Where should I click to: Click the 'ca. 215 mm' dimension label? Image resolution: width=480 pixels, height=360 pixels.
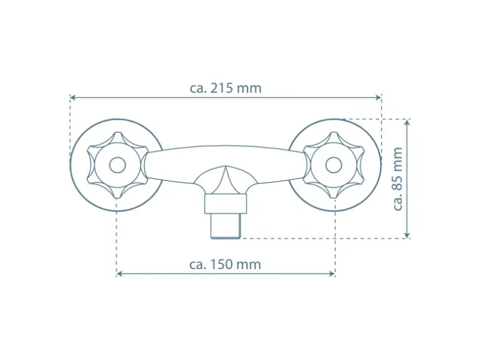pos(226,88)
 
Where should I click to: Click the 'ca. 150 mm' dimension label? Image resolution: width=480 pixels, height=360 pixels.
pos(225,264)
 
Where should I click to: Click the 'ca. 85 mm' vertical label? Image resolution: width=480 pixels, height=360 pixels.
pos(398,179)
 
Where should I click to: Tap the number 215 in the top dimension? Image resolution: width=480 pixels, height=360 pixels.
pos(223,88)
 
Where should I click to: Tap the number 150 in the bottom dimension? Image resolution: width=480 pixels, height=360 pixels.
pos(222,264)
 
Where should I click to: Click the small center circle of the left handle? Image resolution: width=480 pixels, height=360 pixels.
pos(117,165)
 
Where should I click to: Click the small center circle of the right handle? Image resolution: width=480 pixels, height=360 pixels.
pos(334,165)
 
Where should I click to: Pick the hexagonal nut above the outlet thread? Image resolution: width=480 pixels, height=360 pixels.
pos(225,203)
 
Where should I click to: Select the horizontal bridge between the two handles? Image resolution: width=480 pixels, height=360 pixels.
pos(225,156)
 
